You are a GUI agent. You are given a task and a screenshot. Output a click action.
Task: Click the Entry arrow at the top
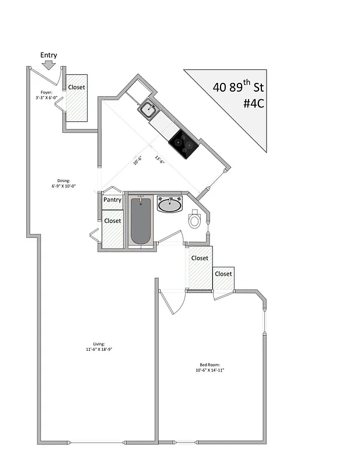tap(49, 65)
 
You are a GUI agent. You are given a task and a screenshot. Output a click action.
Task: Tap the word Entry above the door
tap(48, 55)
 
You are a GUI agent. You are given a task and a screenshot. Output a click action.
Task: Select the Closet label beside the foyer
tap(76, 87)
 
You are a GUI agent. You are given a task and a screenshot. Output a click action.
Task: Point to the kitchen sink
tap(148, 108)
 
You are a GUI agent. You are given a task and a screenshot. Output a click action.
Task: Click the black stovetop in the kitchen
tap(183, 142)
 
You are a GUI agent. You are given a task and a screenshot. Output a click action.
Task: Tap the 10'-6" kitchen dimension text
tap(138, 159)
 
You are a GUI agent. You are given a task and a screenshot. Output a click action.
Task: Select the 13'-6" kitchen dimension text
tap(159, 159)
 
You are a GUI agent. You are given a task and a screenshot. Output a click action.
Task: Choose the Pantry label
tap(112, 200)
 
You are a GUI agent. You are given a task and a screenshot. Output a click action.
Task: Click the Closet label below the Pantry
tap(113, 221)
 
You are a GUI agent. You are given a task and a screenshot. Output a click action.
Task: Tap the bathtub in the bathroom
tap(141, 222)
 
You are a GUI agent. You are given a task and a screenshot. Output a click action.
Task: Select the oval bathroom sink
tap(170, 204)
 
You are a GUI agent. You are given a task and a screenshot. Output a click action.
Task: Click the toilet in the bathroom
tap(195, 220)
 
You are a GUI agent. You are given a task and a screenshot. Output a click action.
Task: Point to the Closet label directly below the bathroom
tap(200, 258)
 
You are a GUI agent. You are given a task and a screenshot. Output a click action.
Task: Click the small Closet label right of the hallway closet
tap(223, 274)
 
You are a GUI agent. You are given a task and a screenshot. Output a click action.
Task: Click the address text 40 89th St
tap(238, 88)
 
